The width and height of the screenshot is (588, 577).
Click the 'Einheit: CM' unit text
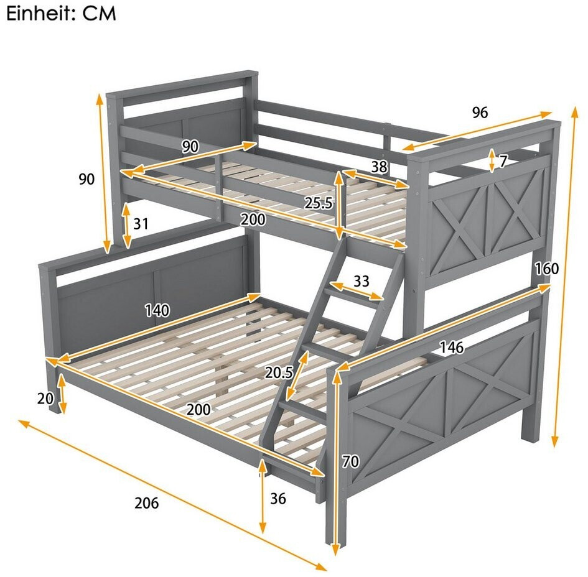(61, 13)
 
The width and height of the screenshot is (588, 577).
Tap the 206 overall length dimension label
(147, 503)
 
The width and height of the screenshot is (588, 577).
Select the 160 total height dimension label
(547, 269)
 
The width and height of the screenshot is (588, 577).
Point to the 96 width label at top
(480, 113)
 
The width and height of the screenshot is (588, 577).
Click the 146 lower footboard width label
(452, 348)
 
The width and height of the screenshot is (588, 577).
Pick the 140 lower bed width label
(157, 310)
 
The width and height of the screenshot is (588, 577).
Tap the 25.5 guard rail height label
(318, 203)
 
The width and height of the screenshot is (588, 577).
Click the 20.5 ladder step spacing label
(279, 372)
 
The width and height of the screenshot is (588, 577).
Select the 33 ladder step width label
(362, 280)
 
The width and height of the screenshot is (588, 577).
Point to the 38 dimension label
(379, 167)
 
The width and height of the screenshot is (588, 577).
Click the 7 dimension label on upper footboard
(503, 162)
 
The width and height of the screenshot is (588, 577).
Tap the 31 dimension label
(141, 224)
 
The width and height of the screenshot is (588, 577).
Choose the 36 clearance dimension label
(278, 499)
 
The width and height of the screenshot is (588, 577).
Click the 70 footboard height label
(350, 461)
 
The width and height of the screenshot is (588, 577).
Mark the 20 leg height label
(45, 399)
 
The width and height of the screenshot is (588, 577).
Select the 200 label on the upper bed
(253, 219)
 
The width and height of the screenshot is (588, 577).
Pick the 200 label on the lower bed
(198, 410)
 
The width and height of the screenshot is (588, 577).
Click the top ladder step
(353, 295)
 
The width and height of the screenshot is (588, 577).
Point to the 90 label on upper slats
(190, 147)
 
